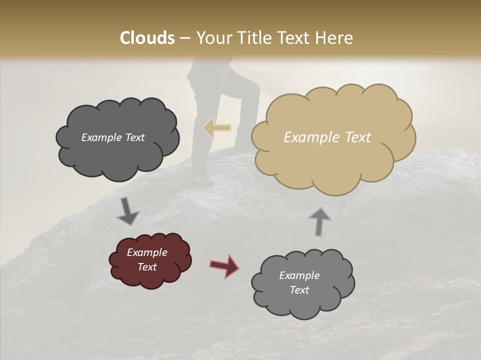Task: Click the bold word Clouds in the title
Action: pos(147,38)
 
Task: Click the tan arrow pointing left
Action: pos(217,128)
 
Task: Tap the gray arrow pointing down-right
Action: pos(128,212)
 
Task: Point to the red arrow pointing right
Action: pos(224,266)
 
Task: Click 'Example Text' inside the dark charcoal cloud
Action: pos(113,137)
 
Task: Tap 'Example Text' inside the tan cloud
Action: pos(327,137)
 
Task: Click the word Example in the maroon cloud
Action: pos(147,252)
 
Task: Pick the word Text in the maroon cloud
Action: pos(147,267)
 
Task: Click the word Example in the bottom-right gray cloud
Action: pos(299,275)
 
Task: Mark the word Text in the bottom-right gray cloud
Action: pos(299,290)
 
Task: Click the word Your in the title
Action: pos(211,38)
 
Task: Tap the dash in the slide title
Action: pos(184,38)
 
